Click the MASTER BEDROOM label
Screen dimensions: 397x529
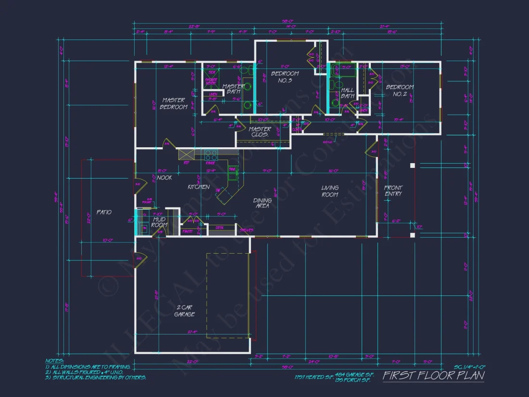coord(174,103)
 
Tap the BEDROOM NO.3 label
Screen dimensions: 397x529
coord(285,77)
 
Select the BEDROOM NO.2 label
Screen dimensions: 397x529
coord(400,90)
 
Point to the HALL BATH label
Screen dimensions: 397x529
coord(347,93)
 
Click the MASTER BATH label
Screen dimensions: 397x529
coord(233,89)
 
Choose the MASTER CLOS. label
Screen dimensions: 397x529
coord(260,132)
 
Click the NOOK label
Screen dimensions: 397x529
coord(164,178)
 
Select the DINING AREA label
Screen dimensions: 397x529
coord(262,203)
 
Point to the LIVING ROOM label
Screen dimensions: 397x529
coord(330,191)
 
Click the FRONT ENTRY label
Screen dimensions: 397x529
coord(393,191)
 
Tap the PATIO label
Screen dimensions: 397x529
coord(104,212)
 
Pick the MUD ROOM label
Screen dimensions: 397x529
coord(159,222)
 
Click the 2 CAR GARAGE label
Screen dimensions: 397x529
coord(185,311)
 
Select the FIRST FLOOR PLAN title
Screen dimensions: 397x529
coord(433,375)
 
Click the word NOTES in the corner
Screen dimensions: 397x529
coord(54,360)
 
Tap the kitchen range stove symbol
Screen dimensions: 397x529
coord(211,155)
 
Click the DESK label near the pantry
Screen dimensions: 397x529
coord(220,228)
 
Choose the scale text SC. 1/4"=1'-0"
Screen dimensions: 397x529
coord(469,367)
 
